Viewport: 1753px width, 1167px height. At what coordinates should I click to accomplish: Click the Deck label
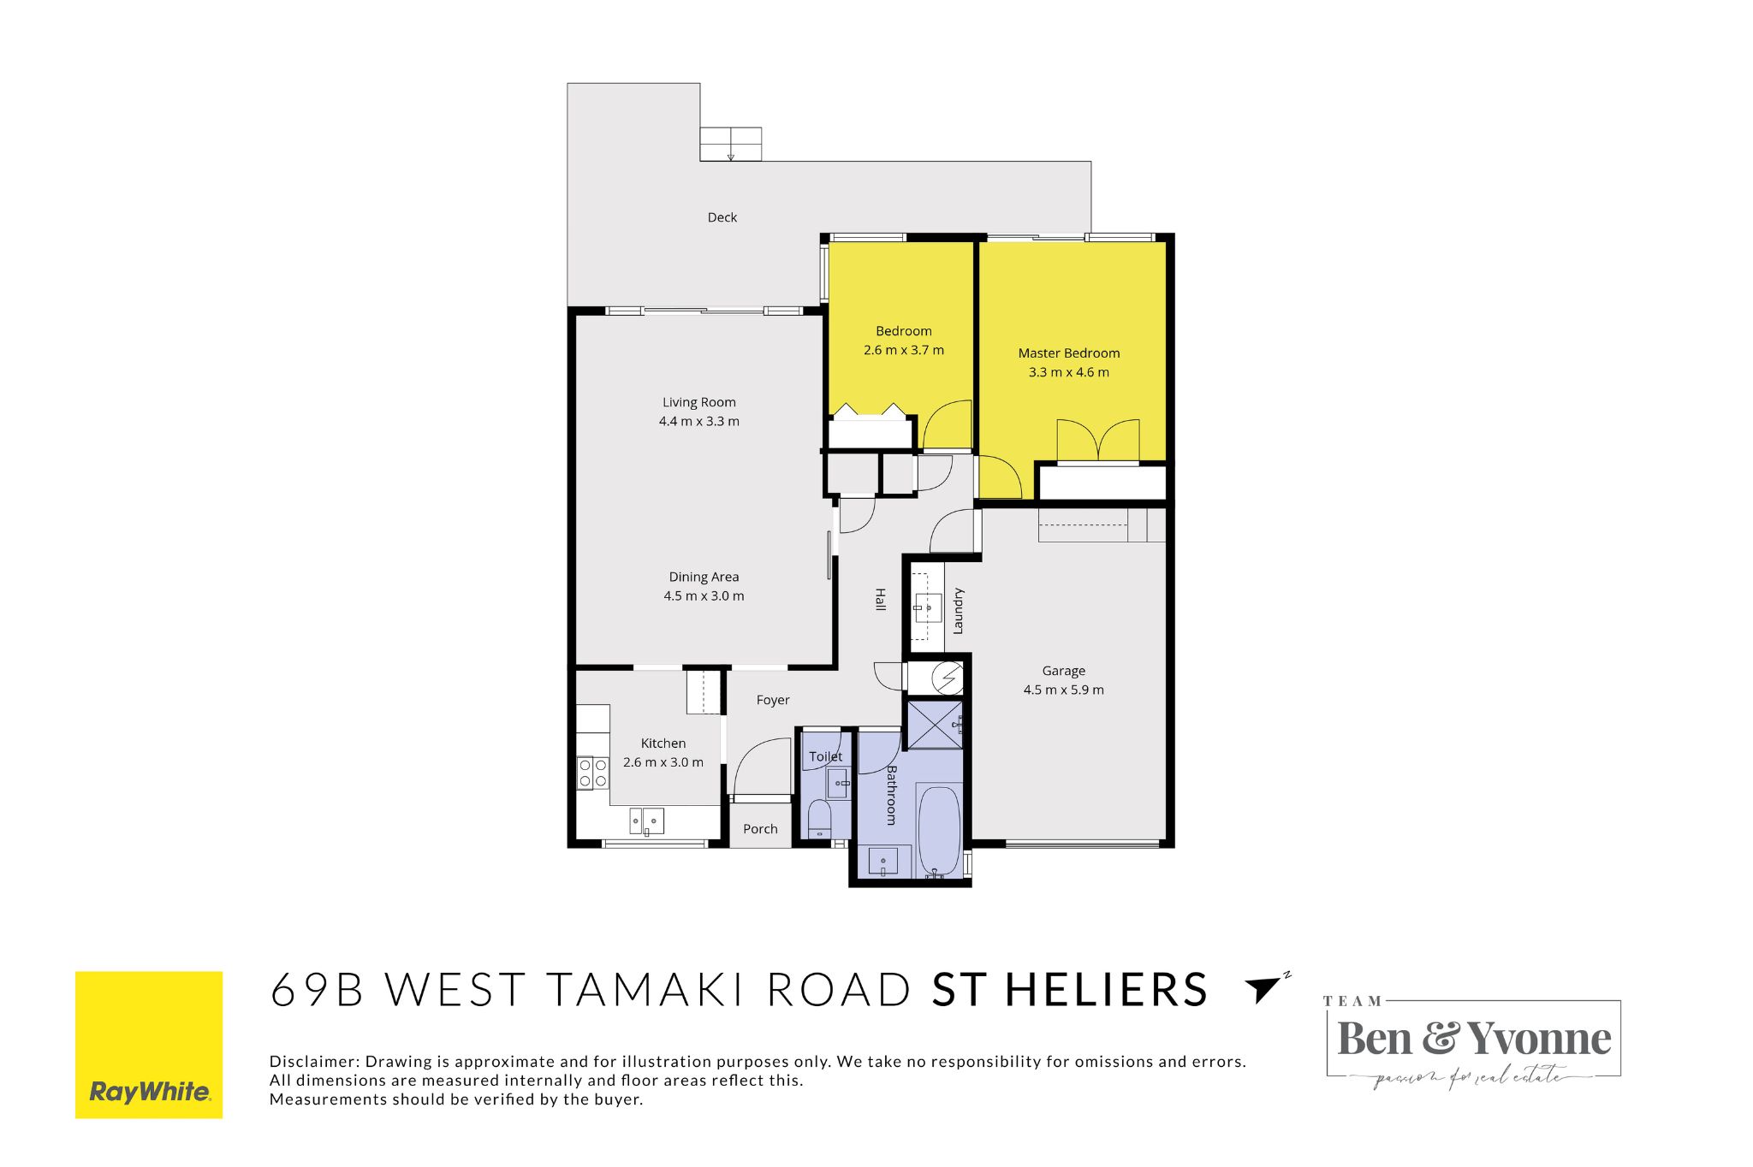[722, 217]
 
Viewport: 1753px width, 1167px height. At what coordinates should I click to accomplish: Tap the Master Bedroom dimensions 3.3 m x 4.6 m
[1068, 372]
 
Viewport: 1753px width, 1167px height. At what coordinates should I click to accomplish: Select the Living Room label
[698, 402]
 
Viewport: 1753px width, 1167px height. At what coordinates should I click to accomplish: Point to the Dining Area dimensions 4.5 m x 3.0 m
[704, 595]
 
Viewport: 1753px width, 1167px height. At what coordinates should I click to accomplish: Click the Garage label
[1063, 671]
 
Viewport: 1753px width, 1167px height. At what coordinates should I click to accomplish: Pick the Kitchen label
[663, 743]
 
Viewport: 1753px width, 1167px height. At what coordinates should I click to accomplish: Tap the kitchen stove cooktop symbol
[592, 773]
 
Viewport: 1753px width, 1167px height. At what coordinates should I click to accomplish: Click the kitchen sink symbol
[647, 821]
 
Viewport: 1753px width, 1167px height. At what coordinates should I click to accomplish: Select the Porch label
[760, 829]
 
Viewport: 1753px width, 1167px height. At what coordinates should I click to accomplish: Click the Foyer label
[772, 700]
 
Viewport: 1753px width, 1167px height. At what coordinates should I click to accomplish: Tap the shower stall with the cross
[934, 724]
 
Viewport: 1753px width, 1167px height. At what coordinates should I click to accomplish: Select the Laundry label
[958, 611]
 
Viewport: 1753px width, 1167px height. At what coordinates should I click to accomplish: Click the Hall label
[880, 599]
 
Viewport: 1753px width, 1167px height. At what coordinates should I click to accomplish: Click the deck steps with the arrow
[730, 144]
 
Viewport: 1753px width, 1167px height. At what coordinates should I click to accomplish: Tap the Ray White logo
[149, 1045]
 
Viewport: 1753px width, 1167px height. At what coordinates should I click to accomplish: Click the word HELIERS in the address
[1106, 990]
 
